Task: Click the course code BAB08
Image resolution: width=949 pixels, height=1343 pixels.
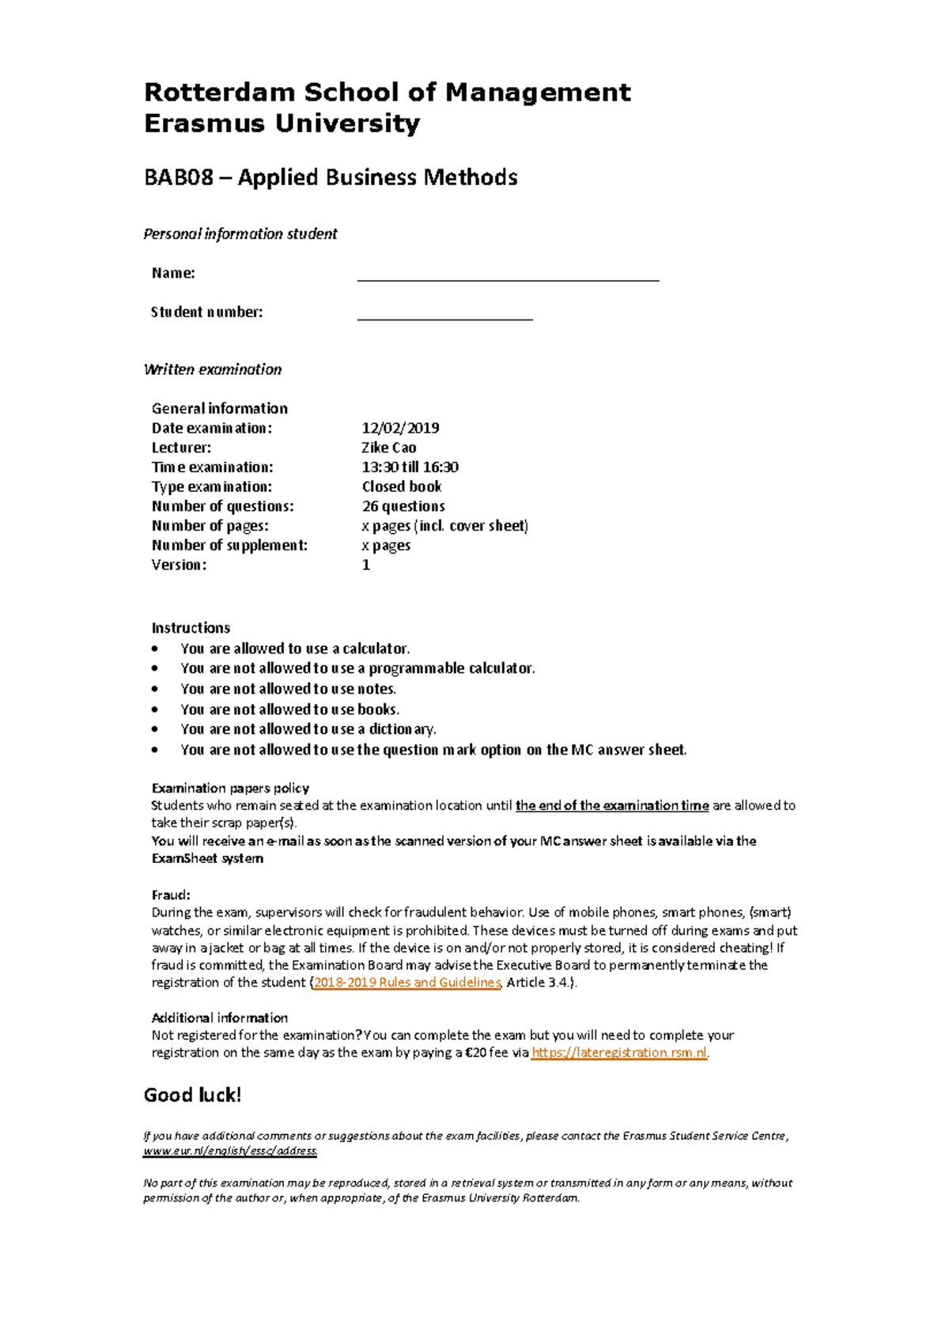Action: (x=179, y=177)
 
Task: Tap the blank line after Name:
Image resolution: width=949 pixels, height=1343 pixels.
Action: (x=508, y=278)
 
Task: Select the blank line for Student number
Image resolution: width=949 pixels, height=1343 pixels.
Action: (x=444, y=318)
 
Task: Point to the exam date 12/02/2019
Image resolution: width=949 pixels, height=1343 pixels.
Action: (x=400, y=428)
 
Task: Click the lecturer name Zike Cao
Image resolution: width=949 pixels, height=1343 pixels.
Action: (x=388, y=448)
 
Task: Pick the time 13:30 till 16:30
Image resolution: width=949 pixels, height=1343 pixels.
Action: (x=410, y=467)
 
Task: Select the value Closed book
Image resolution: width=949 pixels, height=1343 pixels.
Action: (x=401, y=486)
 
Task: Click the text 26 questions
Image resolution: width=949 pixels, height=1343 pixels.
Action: (x=403, y=506)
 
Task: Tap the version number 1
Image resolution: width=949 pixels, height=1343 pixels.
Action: (x=366, y=565)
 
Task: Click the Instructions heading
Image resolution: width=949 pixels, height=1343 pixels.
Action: (x=191, y=628)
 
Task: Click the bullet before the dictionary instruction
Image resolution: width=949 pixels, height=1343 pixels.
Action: (x=155, y=729)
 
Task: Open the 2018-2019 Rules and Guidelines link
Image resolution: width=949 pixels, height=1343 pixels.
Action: (x=407, y=982)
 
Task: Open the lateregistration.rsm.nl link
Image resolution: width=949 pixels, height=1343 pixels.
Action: (x=619, y=1053)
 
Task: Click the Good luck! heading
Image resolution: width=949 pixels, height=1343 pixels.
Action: (x=192, y=1095)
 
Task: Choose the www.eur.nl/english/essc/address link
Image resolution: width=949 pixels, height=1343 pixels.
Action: (x=229, y=1151)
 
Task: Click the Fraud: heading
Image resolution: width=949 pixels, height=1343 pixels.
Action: (x=171, y=895)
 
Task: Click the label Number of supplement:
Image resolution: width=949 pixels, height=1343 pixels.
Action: (x=229, y=545)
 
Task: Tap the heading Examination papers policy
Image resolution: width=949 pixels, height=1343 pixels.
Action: (x=230, y=789)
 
